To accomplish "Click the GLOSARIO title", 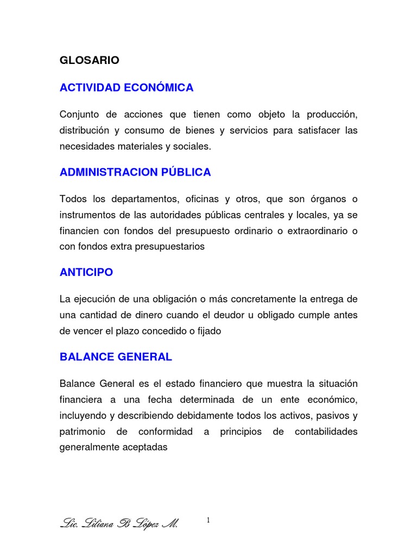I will pos(90,61).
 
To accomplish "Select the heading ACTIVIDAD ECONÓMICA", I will pos(127,88).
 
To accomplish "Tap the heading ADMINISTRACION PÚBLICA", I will pos(135,172).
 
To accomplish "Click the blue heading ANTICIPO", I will pos(86,272).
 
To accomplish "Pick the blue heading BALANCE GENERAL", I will pos(116,357).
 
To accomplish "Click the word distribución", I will pos(84,131).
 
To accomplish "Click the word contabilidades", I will pos(326,432).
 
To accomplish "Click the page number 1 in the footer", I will pos(208,521).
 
